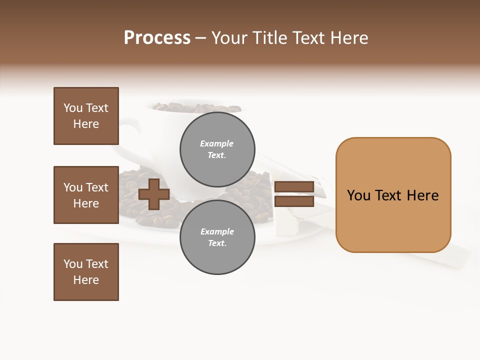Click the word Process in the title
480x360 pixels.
click(x=157, y=38)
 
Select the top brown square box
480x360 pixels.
click(x=86, y=116)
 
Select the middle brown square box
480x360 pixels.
click(x=86, y=195)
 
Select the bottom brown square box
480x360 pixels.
click(x=86, y=272)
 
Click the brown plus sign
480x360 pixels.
click(x=154, y=194)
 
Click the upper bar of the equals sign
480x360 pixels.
click(x=294, y=187)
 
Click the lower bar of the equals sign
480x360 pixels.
click(x=294, y=201)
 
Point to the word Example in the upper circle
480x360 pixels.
click(x=216, y=143)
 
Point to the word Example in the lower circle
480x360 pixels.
click(x=217, y=231)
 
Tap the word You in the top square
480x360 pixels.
click(x=73, y=108)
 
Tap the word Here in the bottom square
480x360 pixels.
click(x=86, y=280)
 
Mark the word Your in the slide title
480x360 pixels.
click(x=229, y=38)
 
